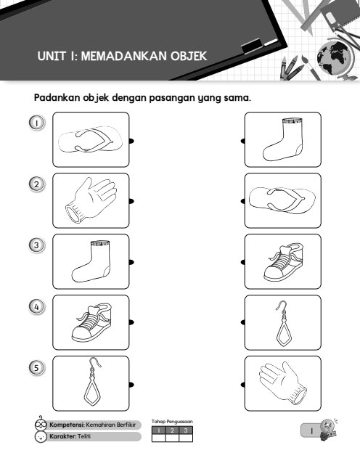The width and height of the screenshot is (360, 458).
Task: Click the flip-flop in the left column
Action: click(90, 139)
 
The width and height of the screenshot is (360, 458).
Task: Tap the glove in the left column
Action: click(91, 200)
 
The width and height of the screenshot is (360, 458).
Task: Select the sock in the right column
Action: click(283, 139)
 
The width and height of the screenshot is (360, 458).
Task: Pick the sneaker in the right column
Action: click(282, 262)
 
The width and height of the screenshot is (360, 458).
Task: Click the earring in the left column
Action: click(93, 382)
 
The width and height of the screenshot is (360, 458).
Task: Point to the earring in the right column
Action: click(282, 323)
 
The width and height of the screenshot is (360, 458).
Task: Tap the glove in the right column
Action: click(282, 383)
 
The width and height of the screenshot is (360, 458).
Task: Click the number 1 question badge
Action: click(37, 123)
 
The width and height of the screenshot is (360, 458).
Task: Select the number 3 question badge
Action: click(37, 245)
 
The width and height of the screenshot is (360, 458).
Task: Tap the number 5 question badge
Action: click(37, 367)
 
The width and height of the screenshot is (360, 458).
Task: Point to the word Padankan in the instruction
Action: click(57, 97)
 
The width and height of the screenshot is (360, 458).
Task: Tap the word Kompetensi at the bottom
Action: click(67, 425)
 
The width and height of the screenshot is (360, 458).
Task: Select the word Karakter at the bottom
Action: click(62, 436)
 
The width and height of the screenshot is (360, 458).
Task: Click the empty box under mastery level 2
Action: click(172, 438)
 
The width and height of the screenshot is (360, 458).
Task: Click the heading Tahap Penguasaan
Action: click(172, 422)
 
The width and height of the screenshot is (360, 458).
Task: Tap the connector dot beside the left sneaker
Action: click(131, 322)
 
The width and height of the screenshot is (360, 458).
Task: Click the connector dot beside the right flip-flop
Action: click(243, 201)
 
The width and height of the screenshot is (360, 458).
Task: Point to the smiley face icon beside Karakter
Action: click(41, 437)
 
